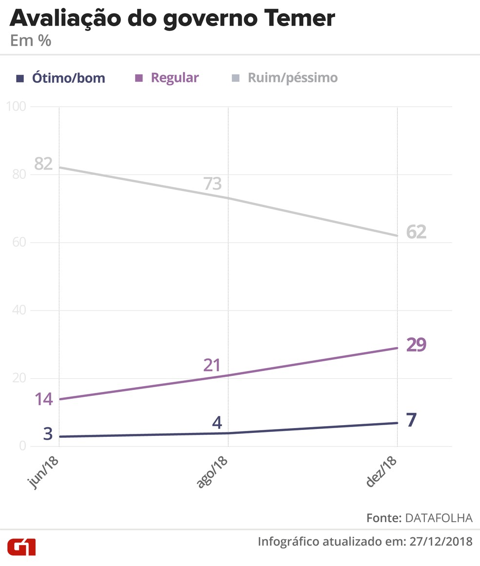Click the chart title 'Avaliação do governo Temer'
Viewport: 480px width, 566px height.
pos(172,19)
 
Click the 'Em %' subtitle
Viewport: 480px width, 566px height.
pos(31,41)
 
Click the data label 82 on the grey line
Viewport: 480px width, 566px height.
pos(43,164)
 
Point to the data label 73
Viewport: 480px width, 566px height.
pos(212,184)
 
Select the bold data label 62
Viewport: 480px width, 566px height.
pos(416,232)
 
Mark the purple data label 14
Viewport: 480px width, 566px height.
pos(43,399)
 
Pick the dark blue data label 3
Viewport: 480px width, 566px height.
pos(47,433)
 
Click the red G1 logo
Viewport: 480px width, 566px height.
pos(21,547)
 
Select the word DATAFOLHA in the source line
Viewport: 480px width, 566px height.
pos(439,518)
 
